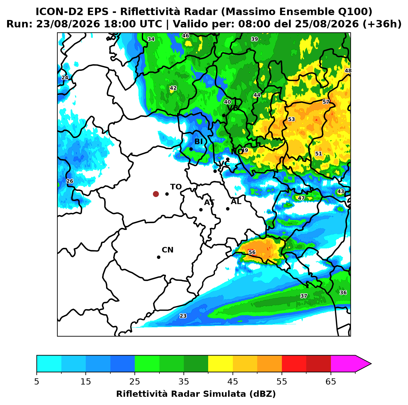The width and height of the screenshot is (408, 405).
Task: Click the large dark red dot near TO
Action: [x=156, y=194]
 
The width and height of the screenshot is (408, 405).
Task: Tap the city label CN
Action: [x=167, y=250]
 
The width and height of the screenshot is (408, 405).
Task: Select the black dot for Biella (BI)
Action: [x=191, y=149]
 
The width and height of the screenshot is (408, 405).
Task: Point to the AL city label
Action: [x=236, y=201]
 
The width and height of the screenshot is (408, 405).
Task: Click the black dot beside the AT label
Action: [x=201, y=210]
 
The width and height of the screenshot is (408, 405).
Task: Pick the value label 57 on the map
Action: [x=326, y=102]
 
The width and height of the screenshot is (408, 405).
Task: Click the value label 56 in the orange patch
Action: [x=252, y=252]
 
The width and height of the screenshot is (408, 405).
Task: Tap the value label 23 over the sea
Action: [x=183, y=316]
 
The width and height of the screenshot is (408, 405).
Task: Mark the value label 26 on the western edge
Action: [x=70, y=181]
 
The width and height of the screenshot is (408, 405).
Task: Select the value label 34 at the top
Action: [x=151, y=39]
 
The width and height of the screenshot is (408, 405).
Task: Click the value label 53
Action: [x=291, y=119]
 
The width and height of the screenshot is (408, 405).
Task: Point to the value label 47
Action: [x=301, y=198]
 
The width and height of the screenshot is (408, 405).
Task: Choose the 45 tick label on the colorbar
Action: [x=233, y=382]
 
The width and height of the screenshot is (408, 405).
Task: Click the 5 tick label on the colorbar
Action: [x=37, y=382]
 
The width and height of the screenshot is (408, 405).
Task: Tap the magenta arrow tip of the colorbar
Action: [x=371, y=364]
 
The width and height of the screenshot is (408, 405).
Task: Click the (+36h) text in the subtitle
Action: [x=382, y=24]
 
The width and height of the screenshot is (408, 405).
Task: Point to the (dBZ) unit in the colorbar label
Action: [x=262, y=394]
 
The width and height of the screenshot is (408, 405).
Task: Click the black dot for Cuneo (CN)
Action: [x=159, y=257]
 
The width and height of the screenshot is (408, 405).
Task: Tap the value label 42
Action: [x=173, y=88]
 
